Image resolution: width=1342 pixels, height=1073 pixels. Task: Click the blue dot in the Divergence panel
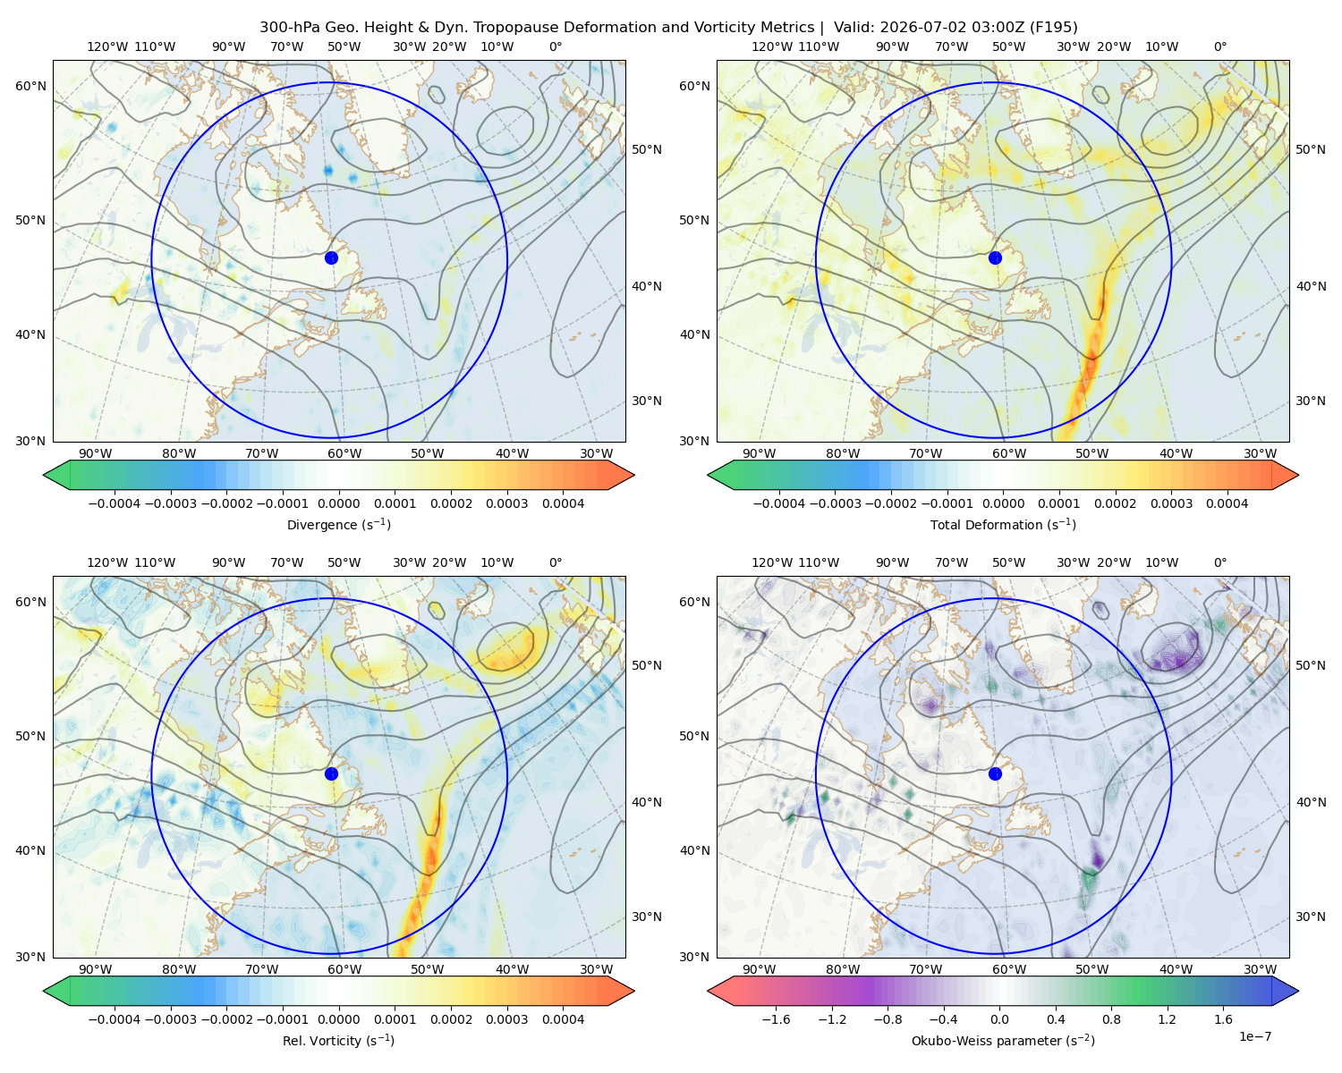coord(331,258)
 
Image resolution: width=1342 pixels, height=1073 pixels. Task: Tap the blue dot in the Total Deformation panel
coord(995,258)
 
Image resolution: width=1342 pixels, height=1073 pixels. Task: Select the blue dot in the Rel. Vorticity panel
coord(331,773)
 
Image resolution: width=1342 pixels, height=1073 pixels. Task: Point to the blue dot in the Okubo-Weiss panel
coord(995,773)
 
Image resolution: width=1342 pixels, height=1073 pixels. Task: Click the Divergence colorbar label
coord(338,524)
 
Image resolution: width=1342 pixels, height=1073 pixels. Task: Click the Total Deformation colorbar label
coord(1003,524)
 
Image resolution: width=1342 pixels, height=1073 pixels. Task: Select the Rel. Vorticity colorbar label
coord(338,1040)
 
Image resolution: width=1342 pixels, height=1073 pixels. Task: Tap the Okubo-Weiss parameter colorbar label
coord(1003,1040)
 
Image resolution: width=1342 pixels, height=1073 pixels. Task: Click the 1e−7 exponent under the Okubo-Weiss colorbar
coord(1254,1036)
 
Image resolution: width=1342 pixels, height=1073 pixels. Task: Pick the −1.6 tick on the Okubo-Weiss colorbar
coord(776,1018)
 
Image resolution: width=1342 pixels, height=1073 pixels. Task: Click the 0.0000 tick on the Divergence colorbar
coord(338,503)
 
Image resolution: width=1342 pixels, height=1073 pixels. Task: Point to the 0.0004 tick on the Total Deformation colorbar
coord(1227,503)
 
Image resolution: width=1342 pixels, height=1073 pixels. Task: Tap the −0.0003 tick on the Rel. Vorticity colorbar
coord(170,1018)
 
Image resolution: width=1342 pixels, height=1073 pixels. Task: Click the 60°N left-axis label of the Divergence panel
coord(30,86)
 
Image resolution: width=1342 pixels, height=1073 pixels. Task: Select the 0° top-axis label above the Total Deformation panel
coord(1219,46)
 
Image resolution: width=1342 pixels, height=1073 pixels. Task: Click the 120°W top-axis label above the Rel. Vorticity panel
coord(107,562)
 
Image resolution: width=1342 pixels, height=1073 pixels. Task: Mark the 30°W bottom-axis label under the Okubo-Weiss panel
coord(1260,969)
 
